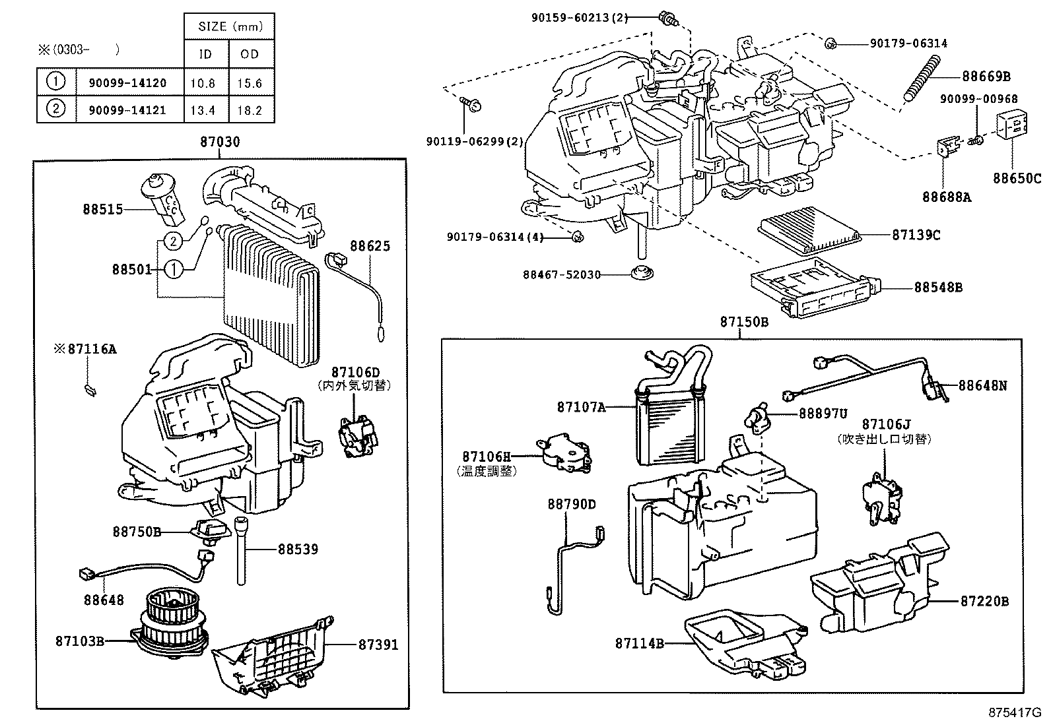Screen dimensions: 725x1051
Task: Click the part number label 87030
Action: pos(220,142)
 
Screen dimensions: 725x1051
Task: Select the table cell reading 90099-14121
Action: pos(127,110)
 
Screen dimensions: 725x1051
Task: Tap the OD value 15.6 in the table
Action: pos(250,83)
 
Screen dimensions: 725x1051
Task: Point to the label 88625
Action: pos(370,246)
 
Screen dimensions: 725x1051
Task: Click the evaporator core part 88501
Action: pos(264,290)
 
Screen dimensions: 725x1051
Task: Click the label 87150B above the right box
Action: pos(744,322)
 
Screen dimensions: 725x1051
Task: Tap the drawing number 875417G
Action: pos(1015,713)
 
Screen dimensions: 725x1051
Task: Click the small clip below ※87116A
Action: pos(90,390)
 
